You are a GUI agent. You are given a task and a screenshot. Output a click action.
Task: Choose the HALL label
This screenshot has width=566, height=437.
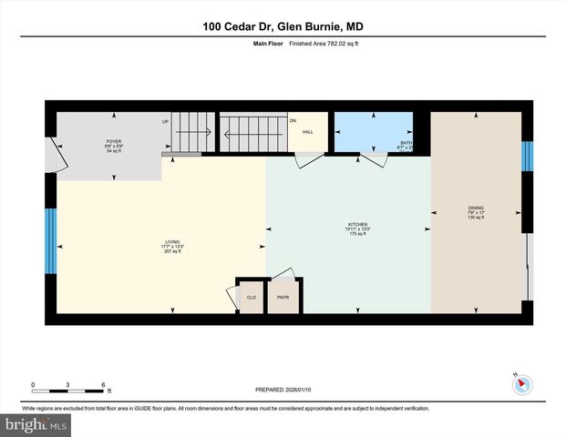(308, 131)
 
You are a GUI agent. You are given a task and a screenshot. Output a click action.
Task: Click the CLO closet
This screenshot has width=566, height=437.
(251, 297)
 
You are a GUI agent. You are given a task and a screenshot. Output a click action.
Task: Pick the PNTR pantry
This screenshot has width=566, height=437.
(283, 297)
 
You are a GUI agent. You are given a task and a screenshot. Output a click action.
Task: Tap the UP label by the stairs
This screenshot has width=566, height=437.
(166, 121)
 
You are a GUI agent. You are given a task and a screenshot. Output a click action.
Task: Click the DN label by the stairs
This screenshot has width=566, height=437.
(293, 121)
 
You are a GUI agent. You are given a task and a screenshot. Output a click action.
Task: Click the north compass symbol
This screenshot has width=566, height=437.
(522, 383)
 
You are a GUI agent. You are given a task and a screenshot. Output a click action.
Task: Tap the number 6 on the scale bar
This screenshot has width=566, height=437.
(103, 383)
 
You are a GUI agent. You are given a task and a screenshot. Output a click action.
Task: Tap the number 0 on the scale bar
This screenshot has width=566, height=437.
(33, 383)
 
